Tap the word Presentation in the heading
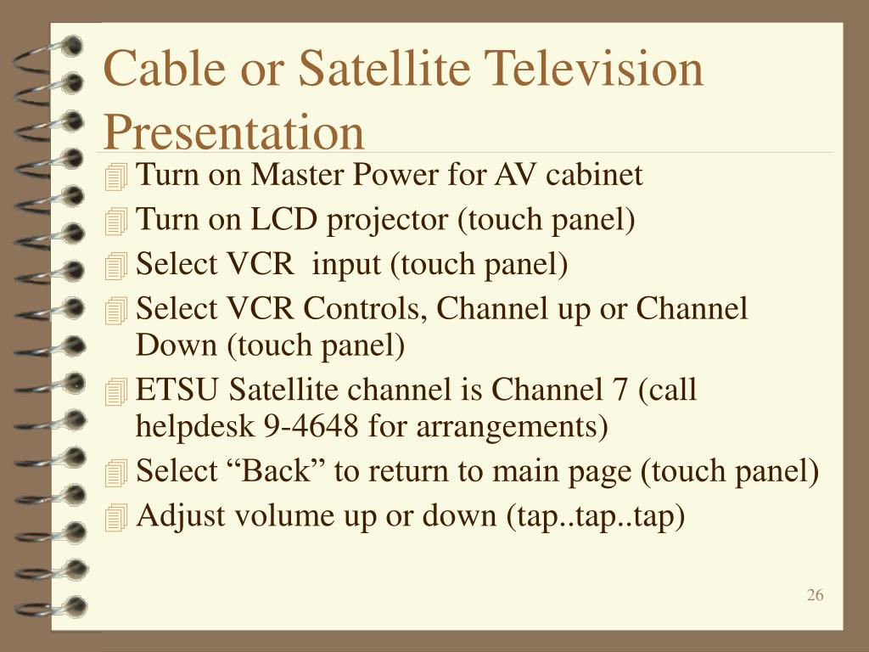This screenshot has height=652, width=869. click(234, 133)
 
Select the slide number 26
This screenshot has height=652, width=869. click(815, 595)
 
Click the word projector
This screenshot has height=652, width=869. click(387, 221)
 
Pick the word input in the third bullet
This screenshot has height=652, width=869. click(346, 265)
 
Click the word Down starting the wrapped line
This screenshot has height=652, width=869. click(177, 345)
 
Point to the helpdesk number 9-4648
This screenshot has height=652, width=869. click(311, 426)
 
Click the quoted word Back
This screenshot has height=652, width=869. click(280, 470)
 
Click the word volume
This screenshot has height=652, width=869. click(283, 515)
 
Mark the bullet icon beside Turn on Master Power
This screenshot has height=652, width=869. click(115, 177)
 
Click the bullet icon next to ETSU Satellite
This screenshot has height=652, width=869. click(115, 391)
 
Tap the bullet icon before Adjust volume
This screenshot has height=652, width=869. click(115, 518)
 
